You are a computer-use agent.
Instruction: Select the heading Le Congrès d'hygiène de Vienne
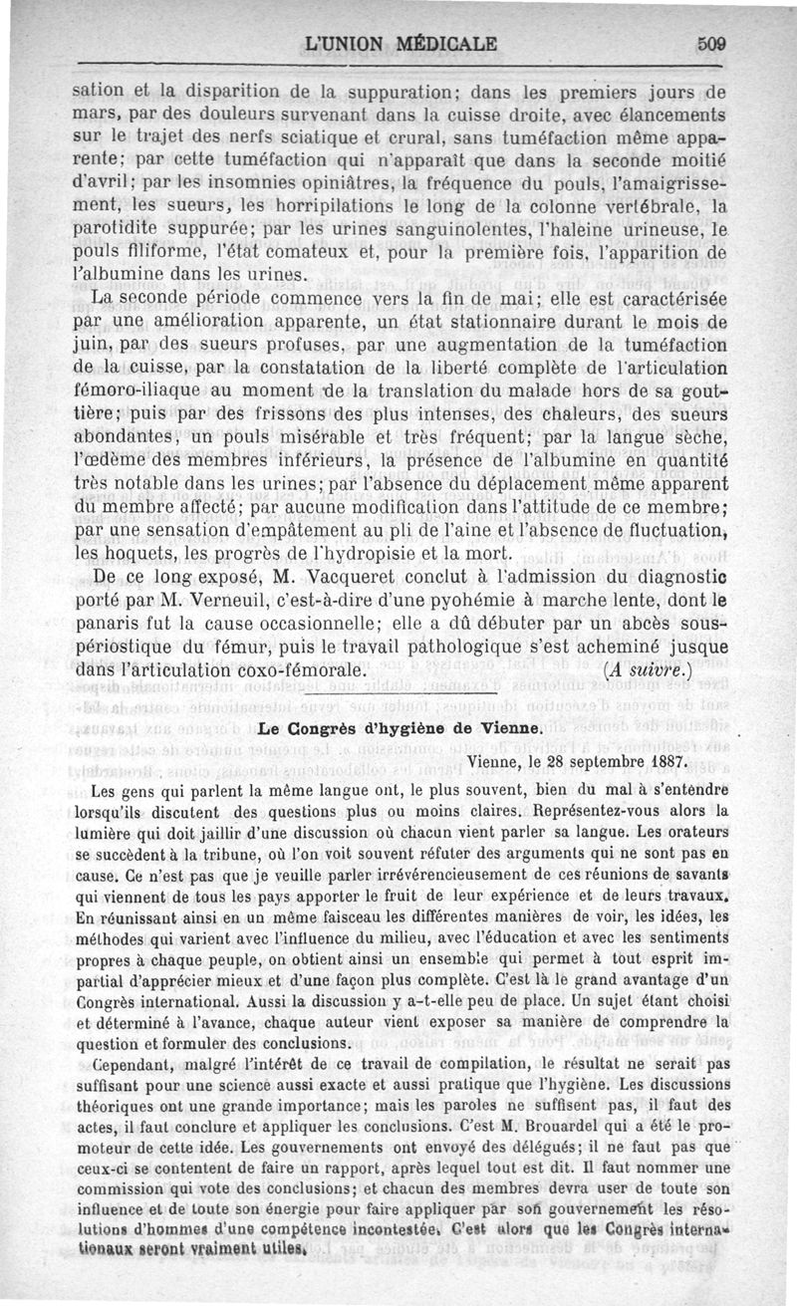click(398, 728)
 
